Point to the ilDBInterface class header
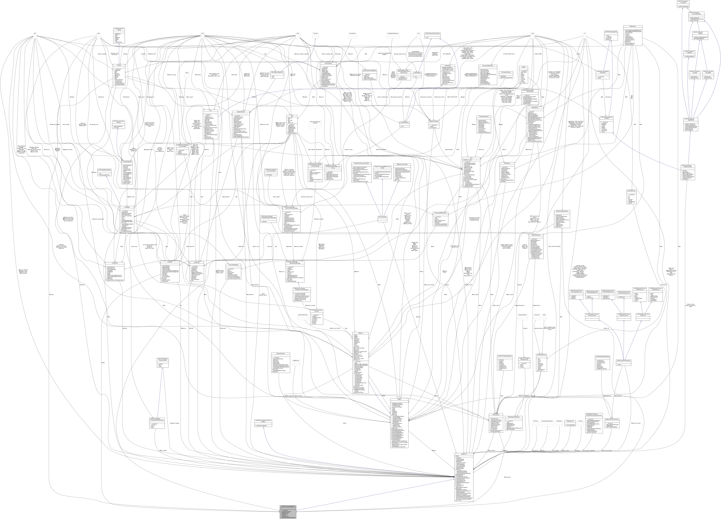[x=448, y=66]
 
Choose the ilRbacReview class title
[x=536, y=108]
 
